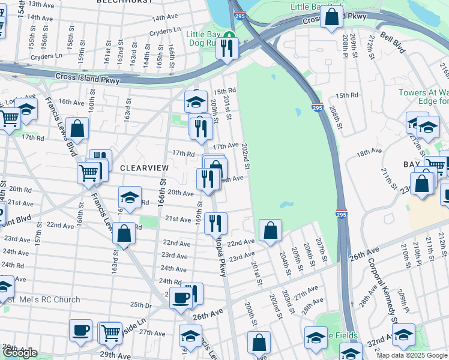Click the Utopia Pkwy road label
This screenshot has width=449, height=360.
pos(220,258)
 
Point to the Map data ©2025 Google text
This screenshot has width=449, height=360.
pos(412,355)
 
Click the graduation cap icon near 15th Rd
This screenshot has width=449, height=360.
pos(196,102)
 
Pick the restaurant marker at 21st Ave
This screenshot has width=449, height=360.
pos(215,223)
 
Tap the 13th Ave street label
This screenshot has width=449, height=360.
pos(42,4)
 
